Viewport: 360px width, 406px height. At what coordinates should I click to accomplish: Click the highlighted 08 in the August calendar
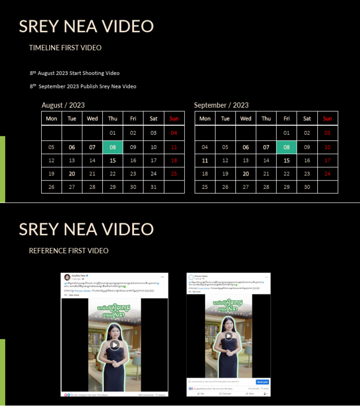click(x=113, y=147)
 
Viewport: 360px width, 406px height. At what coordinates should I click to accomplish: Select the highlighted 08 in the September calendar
click(x=286, y=147)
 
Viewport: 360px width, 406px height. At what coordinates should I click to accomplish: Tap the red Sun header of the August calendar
click(x=174, y=119)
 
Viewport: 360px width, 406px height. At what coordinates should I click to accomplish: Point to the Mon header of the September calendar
click(x=205, y=119)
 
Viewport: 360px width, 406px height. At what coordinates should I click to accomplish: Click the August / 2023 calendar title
click(x=63, y=105)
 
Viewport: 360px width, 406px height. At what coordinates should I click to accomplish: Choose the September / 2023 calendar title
click(x=221, y=105)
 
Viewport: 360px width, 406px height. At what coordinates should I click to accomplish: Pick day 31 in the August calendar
click(x=154, y=187)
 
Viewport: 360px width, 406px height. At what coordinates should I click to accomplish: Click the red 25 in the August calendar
click(x=174, y=173)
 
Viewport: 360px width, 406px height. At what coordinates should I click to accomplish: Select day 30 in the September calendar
click(x=307, y=187)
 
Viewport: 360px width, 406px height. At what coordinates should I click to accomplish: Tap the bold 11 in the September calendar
click(x=205, y=160)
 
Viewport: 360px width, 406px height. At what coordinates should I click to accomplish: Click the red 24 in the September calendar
click(x=328, y=173)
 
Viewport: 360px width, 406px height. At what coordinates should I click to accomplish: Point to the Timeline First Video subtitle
click(x=65, y=48)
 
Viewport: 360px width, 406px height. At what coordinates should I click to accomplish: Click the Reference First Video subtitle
click(x=68, y=251)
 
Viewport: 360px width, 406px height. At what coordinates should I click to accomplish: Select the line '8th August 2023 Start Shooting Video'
click(x=75, y=73)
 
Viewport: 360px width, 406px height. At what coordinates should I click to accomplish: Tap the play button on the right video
click(x=229, y=336)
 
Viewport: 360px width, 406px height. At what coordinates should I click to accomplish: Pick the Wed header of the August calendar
click(x=92, y=119)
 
